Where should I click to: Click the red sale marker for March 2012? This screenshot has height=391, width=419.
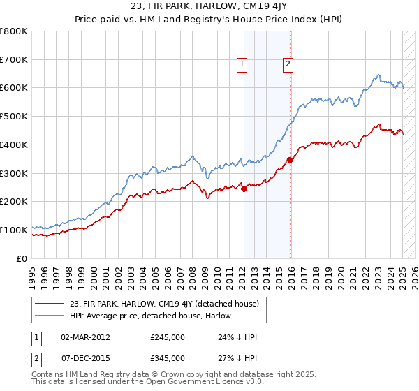(244, 188)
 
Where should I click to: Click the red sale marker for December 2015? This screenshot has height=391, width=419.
(291, 160)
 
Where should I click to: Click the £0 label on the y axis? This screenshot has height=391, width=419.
(22, 258)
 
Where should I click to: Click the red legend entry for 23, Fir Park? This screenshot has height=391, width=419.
(164, 304)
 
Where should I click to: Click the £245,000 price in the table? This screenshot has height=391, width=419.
(168, 337)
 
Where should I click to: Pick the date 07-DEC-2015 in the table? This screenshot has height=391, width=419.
(85, 357)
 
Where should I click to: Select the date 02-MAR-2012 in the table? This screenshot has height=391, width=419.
(85, 337)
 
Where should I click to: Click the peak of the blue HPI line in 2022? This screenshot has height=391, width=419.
(378, 75)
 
